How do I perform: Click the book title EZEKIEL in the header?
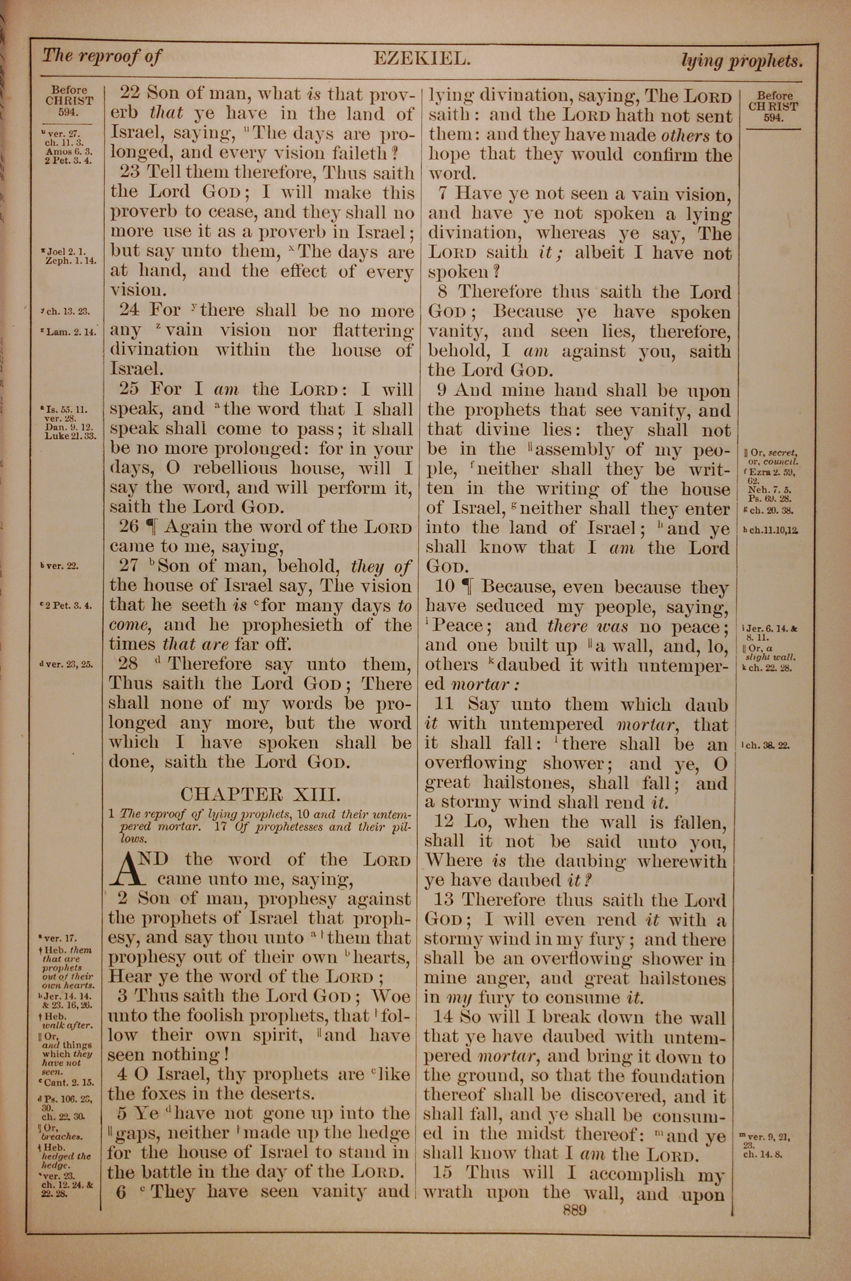(x=421, y=58)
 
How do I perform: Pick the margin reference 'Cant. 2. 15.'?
(x=67, y=1082)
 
